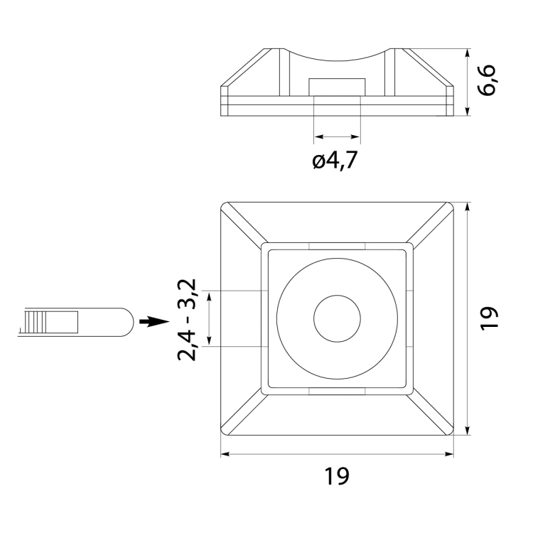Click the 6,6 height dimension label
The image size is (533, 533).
(490, 81)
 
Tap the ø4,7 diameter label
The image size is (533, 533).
(334, 161)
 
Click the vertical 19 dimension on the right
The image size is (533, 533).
(490, 318)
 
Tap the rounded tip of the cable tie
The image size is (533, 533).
(124, 322)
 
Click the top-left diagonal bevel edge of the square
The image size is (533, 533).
(243, 225)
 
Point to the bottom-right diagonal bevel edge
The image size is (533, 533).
(431, 411)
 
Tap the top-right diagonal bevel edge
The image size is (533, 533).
(431, 225)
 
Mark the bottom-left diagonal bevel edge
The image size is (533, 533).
(243, 411)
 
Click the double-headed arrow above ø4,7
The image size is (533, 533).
(337, 136)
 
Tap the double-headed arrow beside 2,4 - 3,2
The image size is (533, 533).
(210, 318)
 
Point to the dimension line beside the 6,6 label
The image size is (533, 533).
(467, 81)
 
